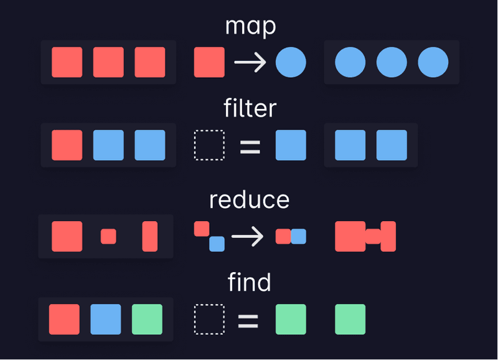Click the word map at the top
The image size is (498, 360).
click(x=250, y=27)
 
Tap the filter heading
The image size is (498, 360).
click(x=250, y=109)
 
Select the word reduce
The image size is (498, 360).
click(x=249, y=200)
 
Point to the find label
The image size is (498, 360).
click(x=250, y=283)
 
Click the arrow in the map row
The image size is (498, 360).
click(x=250, y=62)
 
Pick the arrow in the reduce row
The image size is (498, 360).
click(x=247, y=237)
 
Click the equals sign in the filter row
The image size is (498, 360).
click(x=250, y=146)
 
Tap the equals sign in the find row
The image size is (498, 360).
click(x=248, y=320)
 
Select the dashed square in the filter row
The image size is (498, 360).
click(x=209, y=145)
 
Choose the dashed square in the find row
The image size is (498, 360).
click(x=209, y=320)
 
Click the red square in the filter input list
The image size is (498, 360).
click(x=67, y=145)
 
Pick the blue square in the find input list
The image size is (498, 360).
click(x=106, y=320)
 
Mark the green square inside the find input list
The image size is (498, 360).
click(x=147, y=320)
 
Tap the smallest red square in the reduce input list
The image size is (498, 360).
click(x=108, y=237)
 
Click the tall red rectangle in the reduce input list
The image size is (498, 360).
click(x=150, y=237)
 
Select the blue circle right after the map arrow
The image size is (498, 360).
click(x=291, y=62)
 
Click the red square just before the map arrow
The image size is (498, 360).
click(x=209, y=62)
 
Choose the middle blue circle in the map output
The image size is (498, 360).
click(x=392, y=62)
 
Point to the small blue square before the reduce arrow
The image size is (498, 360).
click(x=217, y=244)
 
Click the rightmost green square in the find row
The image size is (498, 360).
click(x=350, y=320)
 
